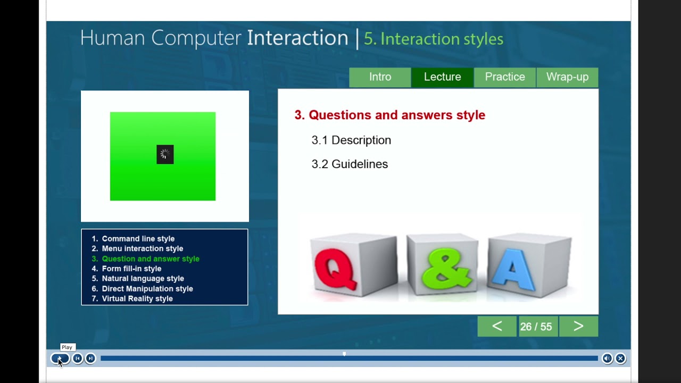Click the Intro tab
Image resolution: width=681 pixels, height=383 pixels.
click(x=380, y=77)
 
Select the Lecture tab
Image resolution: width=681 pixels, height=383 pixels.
click(x=442, y=77)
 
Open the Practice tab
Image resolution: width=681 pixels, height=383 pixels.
click(x=505, y=77)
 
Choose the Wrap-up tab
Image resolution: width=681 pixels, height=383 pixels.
click(x=567, y=77)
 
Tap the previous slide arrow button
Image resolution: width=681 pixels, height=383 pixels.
click(x=497, y=327)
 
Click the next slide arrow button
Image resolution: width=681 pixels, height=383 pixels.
click(x=578, y=327)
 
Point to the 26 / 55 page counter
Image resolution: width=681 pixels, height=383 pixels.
click(x=536, y=327)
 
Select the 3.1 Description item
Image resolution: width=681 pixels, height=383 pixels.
click(x=351, y=140)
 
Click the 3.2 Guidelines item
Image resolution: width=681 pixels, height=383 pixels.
click(x=350, y=164)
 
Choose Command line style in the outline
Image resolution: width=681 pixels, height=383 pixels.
click(x=138, y=239)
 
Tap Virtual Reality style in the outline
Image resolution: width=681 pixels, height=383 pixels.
click(x=137, y=299)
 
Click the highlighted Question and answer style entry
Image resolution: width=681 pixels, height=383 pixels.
click(x=151, y=259)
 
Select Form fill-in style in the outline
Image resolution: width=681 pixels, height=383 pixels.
click(x=131, y=269)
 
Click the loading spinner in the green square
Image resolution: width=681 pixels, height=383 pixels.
click(x=165, y=154)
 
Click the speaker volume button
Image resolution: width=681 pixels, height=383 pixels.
click(x=607, y=359)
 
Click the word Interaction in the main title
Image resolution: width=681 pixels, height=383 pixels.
click(x=297, y=38)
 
